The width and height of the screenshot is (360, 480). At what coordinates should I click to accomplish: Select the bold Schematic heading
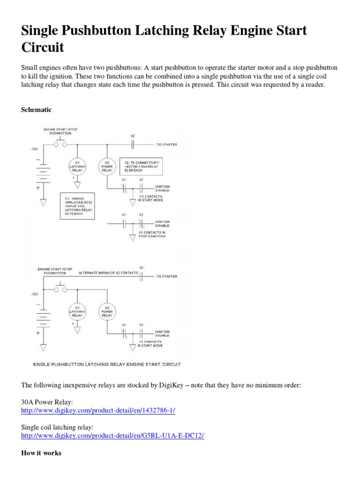pos(37,110)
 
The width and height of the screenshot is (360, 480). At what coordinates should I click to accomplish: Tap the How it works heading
pos(41,453)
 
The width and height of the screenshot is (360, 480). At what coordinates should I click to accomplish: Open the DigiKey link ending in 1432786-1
pos(98,410)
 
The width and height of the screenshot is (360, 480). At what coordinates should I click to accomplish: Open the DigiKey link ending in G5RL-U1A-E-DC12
pos(112,435)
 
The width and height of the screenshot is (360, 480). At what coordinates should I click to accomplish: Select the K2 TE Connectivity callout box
pos(141,166)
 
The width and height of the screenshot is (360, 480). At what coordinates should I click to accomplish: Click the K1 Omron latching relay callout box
pos(77,206)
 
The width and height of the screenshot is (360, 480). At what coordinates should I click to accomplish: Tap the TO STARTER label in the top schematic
pos(166,144)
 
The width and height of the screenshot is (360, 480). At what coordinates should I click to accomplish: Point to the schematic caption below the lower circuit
pos(106,364)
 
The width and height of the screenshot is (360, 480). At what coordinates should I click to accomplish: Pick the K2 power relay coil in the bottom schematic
pos(107,312)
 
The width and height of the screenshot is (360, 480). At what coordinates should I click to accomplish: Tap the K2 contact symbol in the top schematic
pos(133,144)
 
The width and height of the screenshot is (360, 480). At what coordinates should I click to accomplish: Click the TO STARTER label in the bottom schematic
pos(166,277)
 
